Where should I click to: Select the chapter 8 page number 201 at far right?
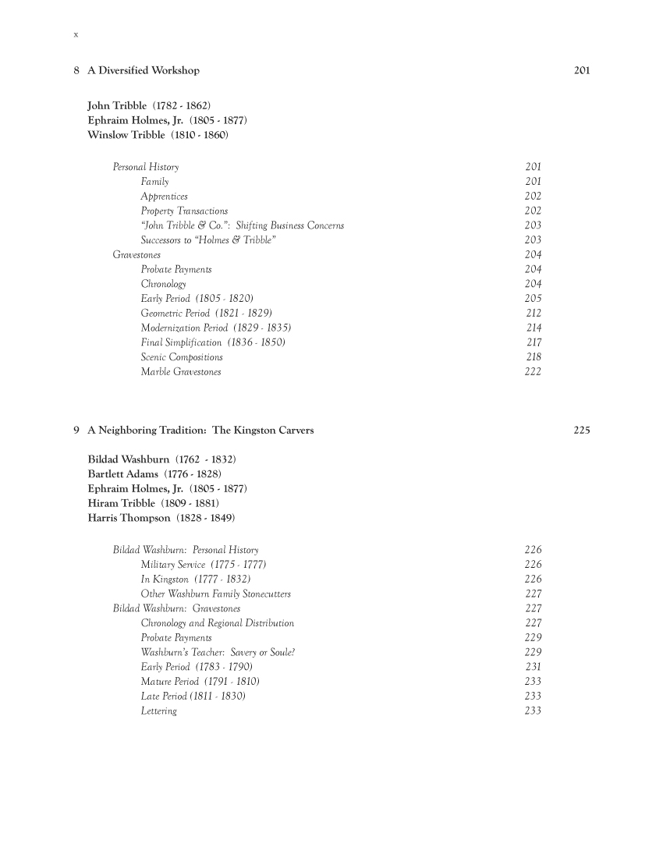point(582,71)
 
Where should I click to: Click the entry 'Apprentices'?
point(164,197)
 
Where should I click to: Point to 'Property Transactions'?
point(184,211)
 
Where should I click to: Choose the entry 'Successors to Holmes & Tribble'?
point(207,240)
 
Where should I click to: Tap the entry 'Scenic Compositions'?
point(182,357)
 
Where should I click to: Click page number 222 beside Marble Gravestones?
point(534,372)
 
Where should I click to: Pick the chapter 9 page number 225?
point(582,430)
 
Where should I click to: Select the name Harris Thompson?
point(131,519)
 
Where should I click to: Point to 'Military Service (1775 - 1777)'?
point(206,565)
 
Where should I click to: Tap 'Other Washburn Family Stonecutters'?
point(215,594)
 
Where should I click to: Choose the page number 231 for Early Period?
point(534,668)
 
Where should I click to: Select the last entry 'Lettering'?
point(158,711)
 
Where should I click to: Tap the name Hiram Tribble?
point(123,504)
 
